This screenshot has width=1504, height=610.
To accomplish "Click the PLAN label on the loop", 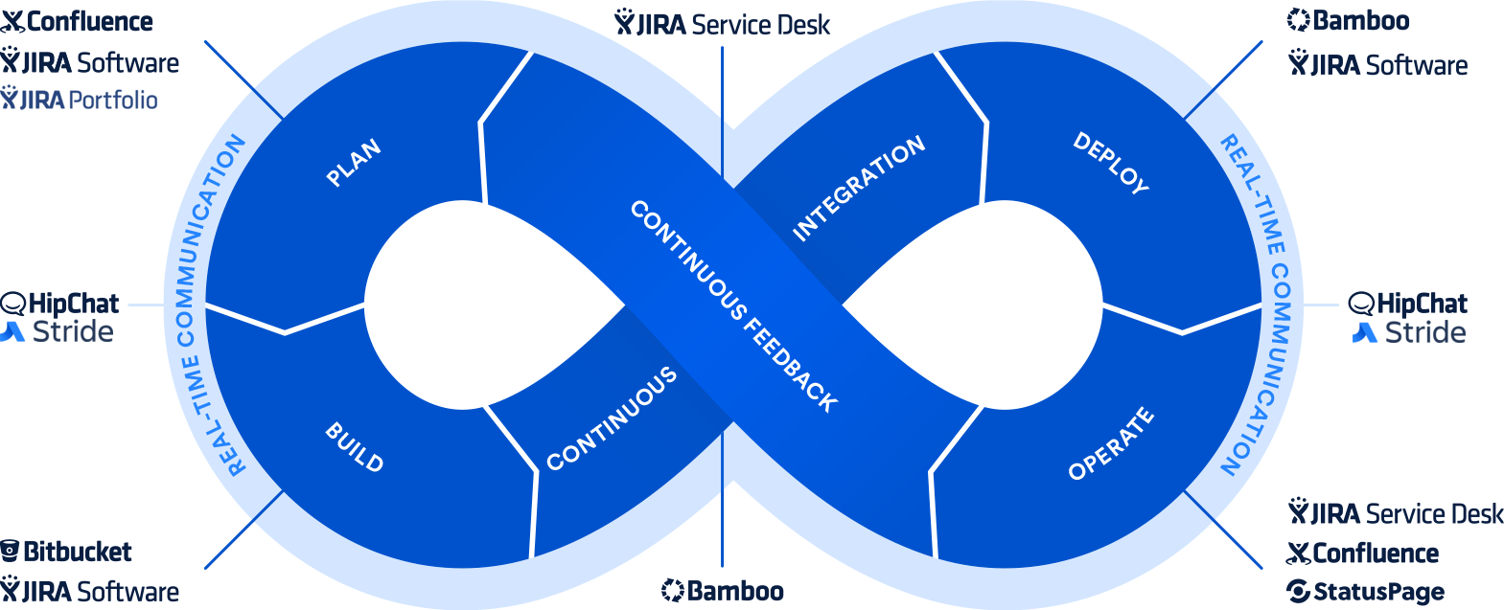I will coord(354,163).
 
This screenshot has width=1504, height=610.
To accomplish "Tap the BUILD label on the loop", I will coord(354,446).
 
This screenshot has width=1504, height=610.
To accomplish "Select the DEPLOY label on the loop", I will coord(1110,164).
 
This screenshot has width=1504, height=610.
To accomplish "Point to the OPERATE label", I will coord(1111,443).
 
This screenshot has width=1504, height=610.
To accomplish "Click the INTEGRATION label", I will coord(859,188).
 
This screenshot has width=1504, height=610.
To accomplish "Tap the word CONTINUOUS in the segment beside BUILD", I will coord(612,418).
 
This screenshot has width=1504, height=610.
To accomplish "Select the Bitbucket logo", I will coord(66,552).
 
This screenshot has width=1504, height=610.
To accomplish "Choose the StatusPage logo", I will coord(1365,592).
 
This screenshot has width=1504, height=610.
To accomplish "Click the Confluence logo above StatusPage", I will coord(1362,554).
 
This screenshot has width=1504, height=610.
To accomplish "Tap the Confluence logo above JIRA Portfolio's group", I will coord(77,21).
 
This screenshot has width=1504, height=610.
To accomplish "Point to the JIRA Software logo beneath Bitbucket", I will coord(89,591).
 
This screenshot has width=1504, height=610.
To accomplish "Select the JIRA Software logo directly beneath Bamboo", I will coord(1377,65).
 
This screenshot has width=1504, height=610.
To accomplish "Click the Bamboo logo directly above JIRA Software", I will coord(1348,20).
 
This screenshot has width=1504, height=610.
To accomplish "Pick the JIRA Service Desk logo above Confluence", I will coord(1396,514).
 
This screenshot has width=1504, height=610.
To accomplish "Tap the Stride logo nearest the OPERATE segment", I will coord(1409,333).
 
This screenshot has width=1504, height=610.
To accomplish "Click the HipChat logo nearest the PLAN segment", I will coord(59,304).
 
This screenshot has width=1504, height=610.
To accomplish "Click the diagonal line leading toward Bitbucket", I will coord(244,530).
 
